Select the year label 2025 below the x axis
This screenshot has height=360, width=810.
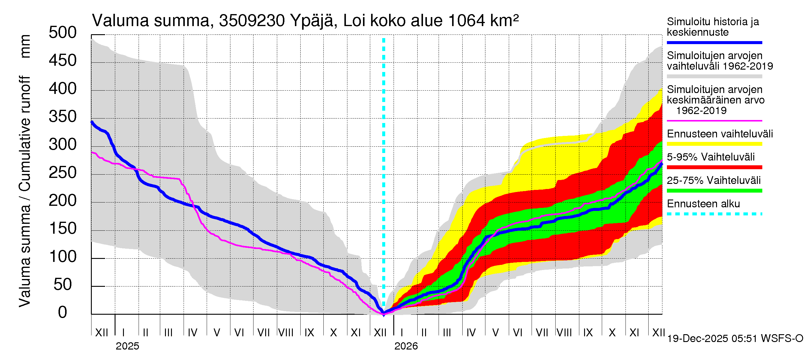127,346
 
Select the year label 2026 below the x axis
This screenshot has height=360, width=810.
406,346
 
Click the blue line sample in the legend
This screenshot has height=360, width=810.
714,42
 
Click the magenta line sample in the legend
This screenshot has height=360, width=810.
714,121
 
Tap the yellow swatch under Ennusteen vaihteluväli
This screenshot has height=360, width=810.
714,144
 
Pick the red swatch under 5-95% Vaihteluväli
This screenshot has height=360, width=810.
714,167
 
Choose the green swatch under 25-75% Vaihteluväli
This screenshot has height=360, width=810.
714,190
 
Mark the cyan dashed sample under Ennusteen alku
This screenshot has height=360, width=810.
714,214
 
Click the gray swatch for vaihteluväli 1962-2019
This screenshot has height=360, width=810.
714,76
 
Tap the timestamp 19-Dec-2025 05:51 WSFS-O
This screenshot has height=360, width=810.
735,339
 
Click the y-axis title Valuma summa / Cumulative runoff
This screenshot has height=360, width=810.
25,192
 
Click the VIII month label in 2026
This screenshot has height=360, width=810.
564,333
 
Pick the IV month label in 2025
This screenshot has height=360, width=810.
192,333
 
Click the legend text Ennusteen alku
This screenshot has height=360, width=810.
703,204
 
